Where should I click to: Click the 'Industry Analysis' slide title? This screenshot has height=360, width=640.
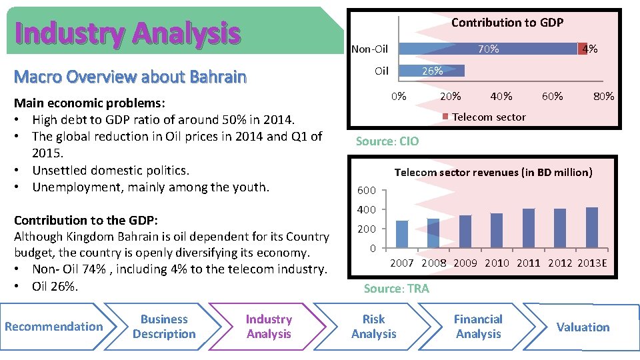click(x=127, y=33)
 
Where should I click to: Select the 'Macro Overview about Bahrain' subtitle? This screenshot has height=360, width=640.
click(x=130, y=77)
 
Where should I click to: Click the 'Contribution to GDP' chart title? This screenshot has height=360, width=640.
click(x=507, y=23)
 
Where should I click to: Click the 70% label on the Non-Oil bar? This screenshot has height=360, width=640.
click(x=488, y=49)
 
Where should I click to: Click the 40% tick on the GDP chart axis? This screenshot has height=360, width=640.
click(x=501, y=96)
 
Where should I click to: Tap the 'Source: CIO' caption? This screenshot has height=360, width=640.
click(x=387, y=141)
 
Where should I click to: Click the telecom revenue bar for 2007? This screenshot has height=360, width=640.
click(x=401, y=234)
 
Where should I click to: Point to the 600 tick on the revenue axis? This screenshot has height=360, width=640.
click(x=367, y=191)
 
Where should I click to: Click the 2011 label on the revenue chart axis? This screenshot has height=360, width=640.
click(x=528, y=263)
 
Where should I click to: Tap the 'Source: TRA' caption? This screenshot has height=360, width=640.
click(x=396, y=289)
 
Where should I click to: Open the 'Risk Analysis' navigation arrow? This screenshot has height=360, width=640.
click(x=373, y=327)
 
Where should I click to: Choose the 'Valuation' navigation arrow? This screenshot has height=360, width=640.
click(x=583, y=327)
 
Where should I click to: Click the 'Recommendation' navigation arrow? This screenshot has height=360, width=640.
click(x=53, y=327)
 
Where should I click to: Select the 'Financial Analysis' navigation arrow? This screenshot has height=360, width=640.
click(x=478, y=327)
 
